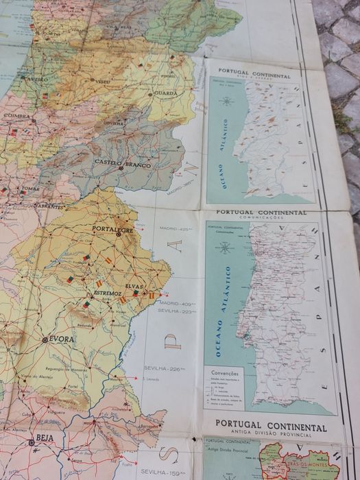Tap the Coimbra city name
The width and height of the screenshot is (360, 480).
[16, 116]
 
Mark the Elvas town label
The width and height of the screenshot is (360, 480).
[134, 287]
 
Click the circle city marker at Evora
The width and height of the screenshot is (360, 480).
[45, 339]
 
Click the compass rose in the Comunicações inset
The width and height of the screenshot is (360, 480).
[224, 248]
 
